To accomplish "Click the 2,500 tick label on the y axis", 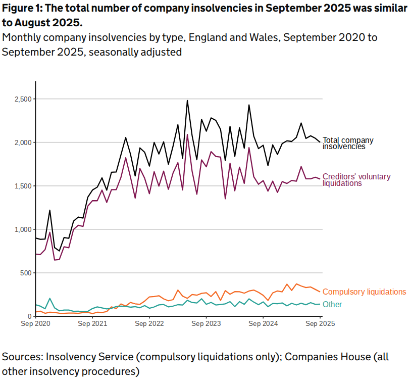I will click(x=23, y=99).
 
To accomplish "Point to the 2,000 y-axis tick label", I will click(x=23, y=142).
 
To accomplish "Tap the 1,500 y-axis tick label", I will click(x=23, y=186).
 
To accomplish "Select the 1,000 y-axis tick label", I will click(x=23, y=229).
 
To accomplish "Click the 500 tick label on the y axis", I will click(x=25, y=273).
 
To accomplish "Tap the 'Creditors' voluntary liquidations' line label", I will click(x=356, y=180).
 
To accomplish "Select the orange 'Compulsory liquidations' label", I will click(x=364, y=292).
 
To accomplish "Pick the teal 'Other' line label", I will click(x=332, y=304).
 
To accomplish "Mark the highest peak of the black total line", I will click(x=187, y=101).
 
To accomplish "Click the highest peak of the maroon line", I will click(x=187, y=134).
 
